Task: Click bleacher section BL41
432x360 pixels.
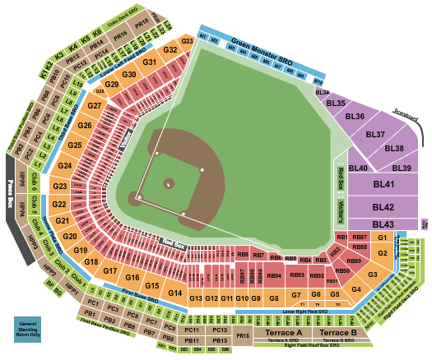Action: point(383,185)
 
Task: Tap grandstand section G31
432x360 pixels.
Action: point(150,62)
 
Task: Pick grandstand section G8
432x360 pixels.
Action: point(274,298)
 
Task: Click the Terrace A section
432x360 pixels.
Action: point(283,332)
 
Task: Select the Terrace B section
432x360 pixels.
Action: point(338,332)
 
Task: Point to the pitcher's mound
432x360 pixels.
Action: point(169,183)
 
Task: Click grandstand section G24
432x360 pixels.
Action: point(65,166)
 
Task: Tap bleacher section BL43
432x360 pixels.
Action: point(383,224)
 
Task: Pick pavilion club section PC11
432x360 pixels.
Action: point(195,330)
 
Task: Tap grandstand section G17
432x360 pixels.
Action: point(111,269)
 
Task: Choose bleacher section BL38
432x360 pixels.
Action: point(393,149)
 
